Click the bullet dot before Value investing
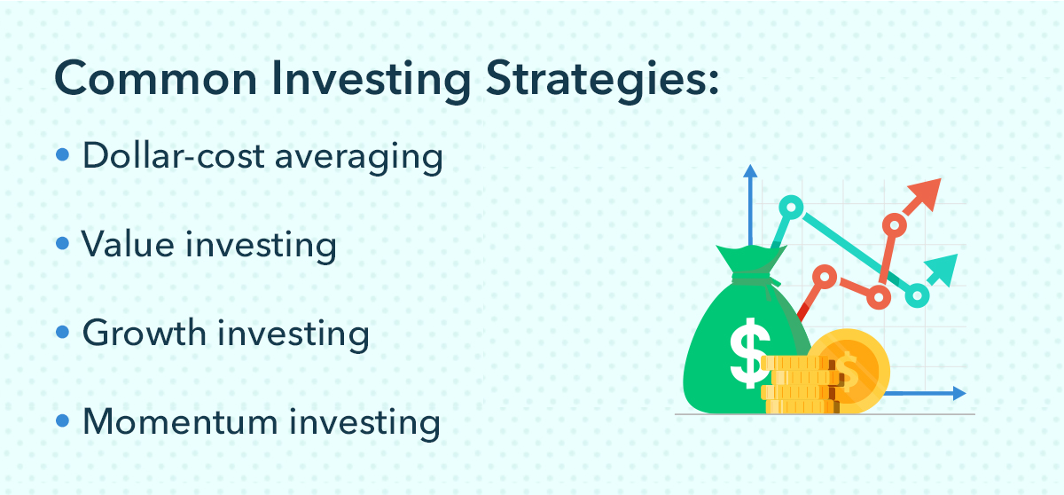(62, 243)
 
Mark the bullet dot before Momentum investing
(62, 420)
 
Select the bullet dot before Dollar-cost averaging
(62, 155)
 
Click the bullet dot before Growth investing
(62, 332)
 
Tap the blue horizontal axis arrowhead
(959, 392)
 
